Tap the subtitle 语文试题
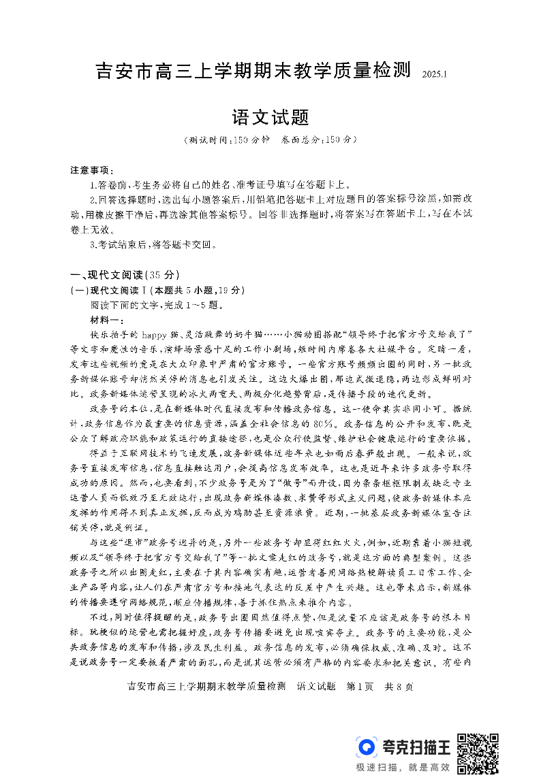(270, 118)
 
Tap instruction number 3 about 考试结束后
(153, 244)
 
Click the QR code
(478, 753)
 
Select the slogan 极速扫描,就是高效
(403, 767)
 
